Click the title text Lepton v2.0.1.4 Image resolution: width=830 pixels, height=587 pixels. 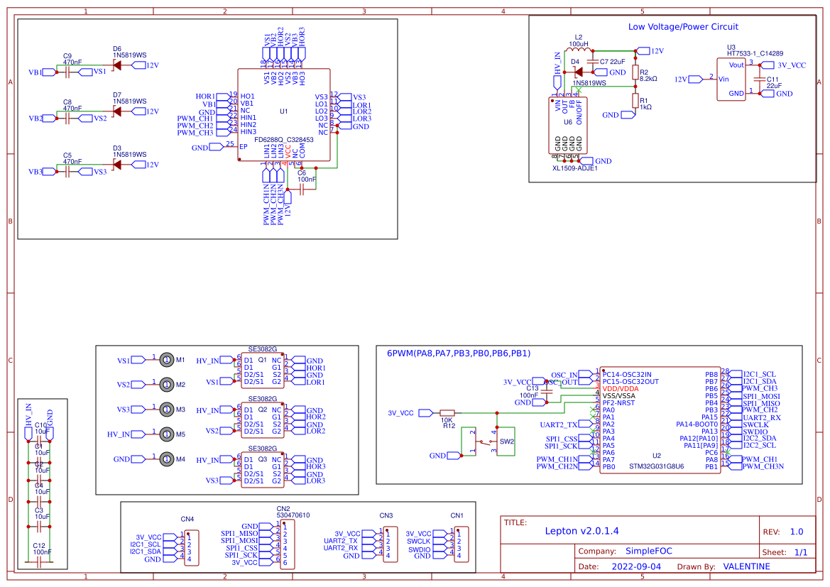pos(581,531)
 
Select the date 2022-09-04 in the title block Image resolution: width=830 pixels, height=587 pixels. pos(635,566)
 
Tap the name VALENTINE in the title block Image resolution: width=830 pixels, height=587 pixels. pos(746,566)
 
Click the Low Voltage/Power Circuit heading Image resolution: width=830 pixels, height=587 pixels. pos(683,26)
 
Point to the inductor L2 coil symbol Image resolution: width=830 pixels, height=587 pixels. pos(579,50)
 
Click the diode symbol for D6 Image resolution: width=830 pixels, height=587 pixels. pos(116,65)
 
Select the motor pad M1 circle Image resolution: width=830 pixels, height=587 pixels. pos(166,360)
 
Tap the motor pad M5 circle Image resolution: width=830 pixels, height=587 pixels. pos(166,434)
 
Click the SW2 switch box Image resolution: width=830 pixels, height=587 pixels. pos(506,441)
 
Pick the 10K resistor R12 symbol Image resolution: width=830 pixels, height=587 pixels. pos(447,412)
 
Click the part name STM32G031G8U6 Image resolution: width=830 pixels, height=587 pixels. pos(656,466)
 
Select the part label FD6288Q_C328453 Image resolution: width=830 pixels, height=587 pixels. pos(284,140)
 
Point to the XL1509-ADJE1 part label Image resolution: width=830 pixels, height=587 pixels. pos(574,168)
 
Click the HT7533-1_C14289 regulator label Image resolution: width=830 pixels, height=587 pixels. pos(755,53)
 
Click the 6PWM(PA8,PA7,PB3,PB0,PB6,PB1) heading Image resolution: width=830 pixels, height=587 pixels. pos(459,353)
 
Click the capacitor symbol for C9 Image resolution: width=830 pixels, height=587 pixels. pos(68,72)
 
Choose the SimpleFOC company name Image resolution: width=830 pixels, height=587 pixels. pos(648,551)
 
